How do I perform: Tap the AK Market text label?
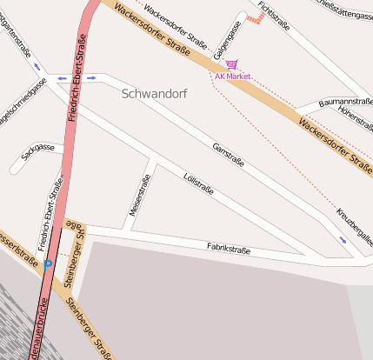pos(233,77)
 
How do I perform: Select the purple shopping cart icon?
pos(231,64)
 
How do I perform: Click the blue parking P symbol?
pos(48,263)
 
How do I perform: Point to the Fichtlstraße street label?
pos(273,17)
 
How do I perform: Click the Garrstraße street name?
pos(228,155)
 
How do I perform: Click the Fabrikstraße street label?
pos(229,250)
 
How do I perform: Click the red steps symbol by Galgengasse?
pos(255,17)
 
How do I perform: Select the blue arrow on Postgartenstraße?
pos(37,66)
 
